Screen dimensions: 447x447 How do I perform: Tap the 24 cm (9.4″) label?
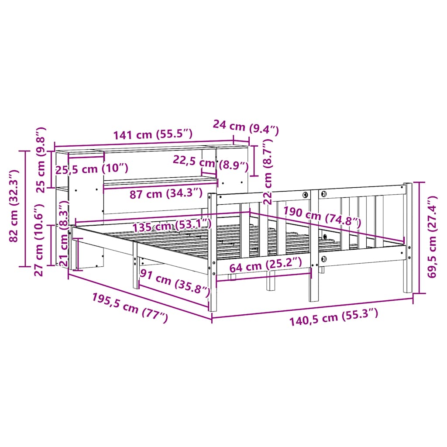pyautogui.click(x=245, y=127)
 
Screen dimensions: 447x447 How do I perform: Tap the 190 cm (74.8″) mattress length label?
pyautogui.click(x=322, y=217)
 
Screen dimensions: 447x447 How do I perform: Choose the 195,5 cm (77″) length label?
pyautogui.click(x=130, y=308)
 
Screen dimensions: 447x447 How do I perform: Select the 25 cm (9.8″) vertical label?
pyautogui.click(x=40, y=160)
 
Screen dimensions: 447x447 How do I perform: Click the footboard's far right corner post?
pyautogui.click(x=408, y=237)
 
